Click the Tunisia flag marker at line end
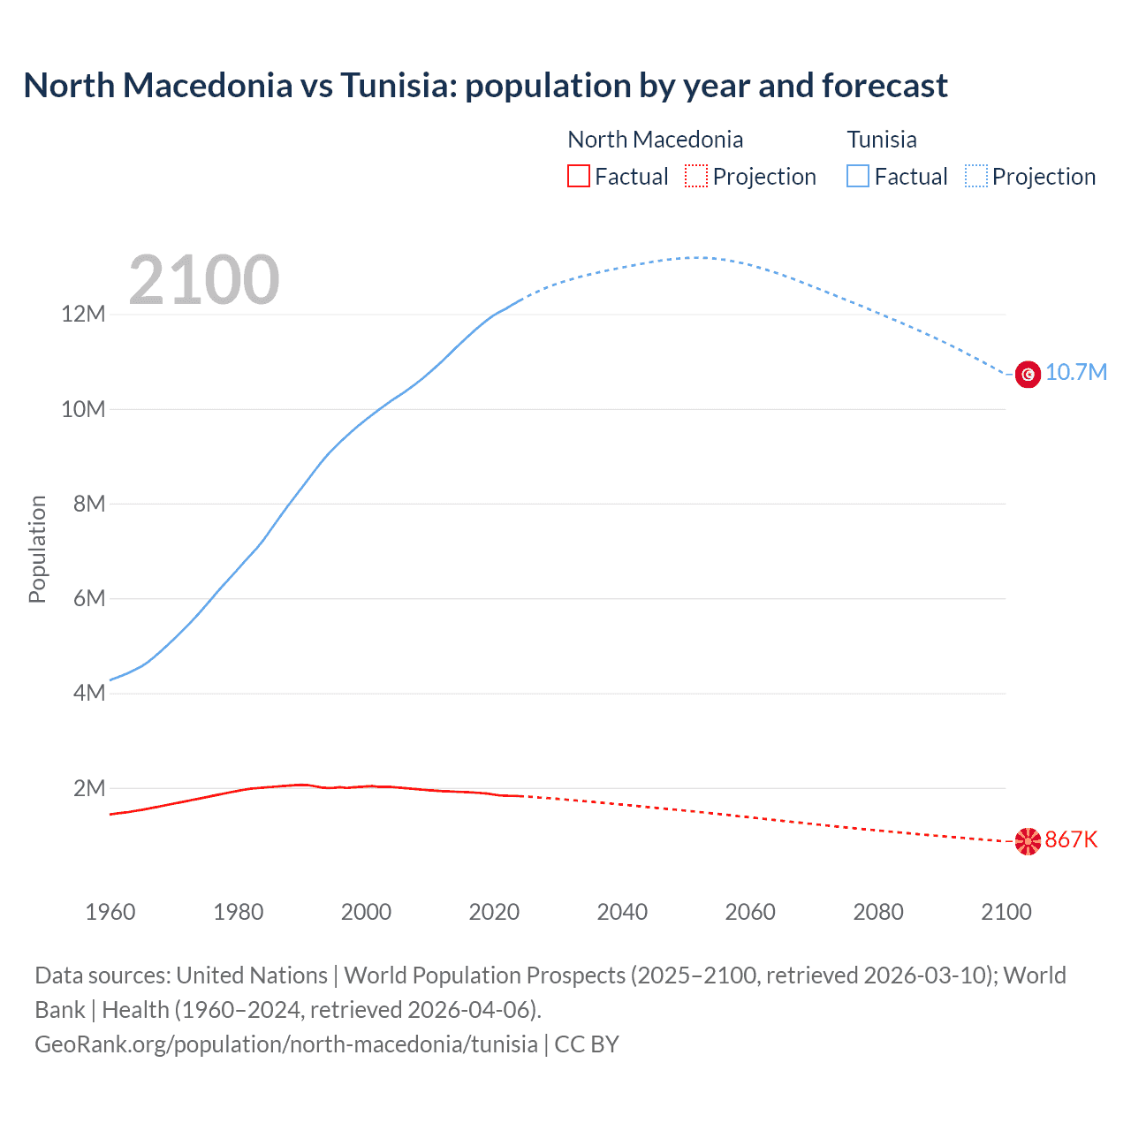pos(1028,375)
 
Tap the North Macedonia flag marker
pos(1028,841)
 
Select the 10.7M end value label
pos(1075,372)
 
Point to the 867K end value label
pos(1071,839)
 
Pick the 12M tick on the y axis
pos(83,315)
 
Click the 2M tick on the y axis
pos(88,788)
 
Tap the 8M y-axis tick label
pos(88,504)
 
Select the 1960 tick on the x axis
pos(110,912)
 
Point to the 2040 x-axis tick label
pos(622,912)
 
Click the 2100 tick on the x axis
pos(1006,912)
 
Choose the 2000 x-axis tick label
pos(366,912)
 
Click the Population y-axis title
pos(37,549)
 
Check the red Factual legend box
pos(578,176)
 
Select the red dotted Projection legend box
pos(696,176)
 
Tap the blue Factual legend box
pos(858,176)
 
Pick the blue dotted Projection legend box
pos(976,176)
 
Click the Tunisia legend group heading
pos(882,140)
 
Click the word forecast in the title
pos(884,86)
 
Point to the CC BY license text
pos(587,1044)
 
